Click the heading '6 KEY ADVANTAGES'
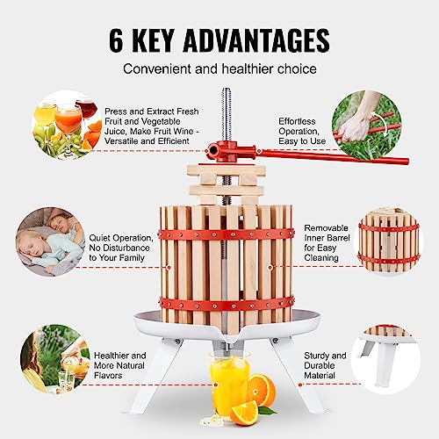coord(219,40)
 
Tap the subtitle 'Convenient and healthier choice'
coord(219,68)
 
